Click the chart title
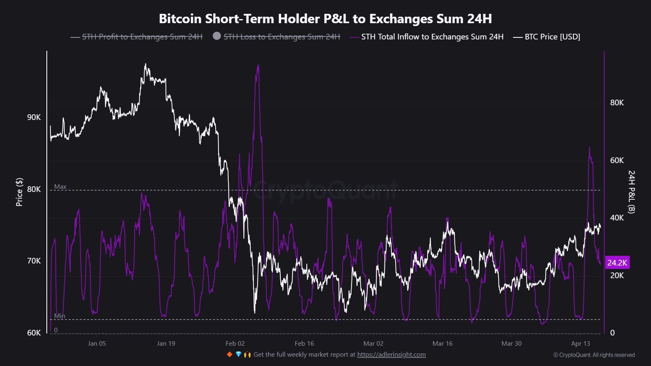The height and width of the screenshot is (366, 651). (325, 19)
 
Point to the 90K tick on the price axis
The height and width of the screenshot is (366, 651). (34, 117)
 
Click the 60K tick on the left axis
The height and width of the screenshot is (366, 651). (34, 333)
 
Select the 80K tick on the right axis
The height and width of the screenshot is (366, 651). (617, 102)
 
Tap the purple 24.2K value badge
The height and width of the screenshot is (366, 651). (617, 263)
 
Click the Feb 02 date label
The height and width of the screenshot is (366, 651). (235, 343)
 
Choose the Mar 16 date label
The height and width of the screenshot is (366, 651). (442, 343)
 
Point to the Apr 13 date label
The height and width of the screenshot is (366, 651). (580, 343)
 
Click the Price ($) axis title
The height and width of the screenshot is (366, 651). (19, 192)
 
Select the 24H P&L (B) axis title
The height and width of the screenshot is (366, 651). (631, 192)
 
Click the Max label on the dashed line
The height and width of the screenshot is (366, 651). (60, 187)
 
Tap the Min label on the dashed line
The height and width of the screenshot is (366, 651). (59, 316)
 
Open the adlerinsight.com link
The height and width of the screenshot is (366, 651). (391, 355)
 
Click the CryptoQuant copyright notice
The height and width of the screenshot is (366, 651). (594, 355)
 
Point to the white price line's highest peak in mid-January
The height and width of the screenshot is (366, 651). (145, 64)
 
